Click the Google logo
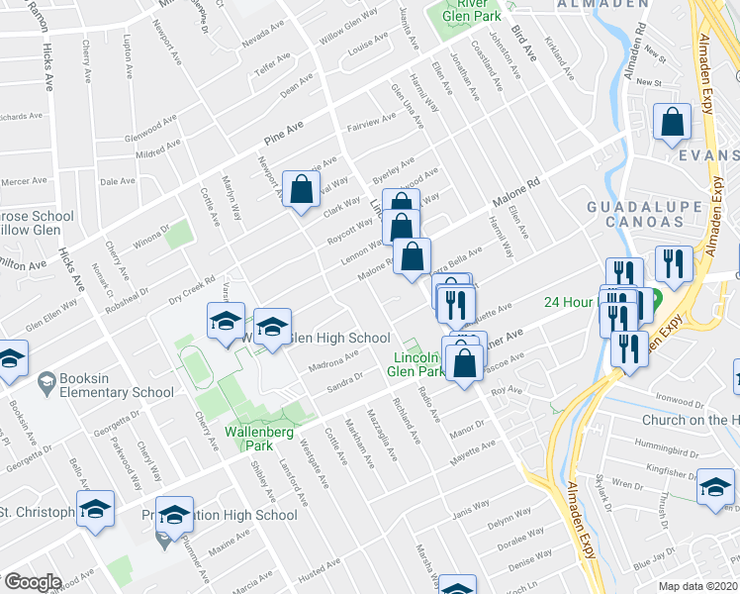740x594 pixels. coord(33,582)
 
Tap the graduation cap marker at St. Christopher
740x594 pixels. coord(95,511)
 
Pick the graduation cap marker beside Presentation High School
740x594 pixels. coord(174,514)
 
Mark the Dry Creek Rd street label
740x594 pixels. coord(191,286)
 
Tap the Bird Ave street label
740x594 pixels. coord(523,46)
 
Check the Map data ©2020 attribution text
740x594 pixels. coord(696,585)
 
